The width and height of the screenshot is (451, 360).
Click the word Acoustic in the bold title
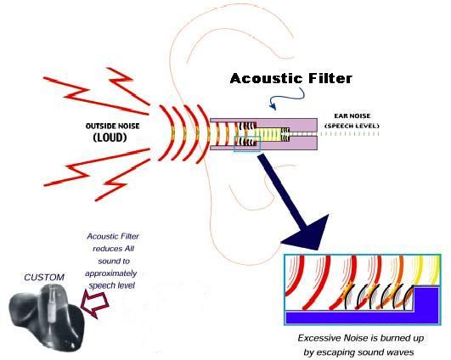(x=266, y=78)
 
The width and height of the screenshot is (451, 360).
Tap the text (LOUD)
(x=110, y=138)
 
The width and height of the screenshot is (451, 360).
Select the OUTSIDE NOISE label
(x=113, y=126)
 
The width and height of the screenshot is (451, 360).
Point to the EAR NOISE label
(x=352, y=115)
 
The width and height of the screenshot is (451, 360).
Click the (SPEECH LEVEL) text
(x=352, y=126)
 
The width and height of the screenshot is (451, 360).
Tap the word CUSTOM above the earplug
(x=44, y=278)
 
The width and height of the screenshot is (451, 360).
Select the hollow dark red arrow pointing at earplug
(x=94, y=304)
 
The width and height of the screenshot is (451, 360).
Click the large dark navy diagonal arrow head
(x=309, y=234)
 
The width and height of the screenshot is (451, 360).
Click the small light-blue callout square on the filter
(x=247, y=143)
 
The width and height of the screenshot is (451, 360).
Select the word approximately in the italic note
(x=111, y=273)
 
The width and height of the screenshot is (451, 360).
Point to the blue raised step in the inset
(x=426, y=299)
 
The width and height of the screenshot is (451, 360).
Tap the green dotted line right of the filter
(x=349, y=134)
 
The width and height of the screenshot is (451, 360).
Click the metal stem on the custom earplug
(x=52, y=303)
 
